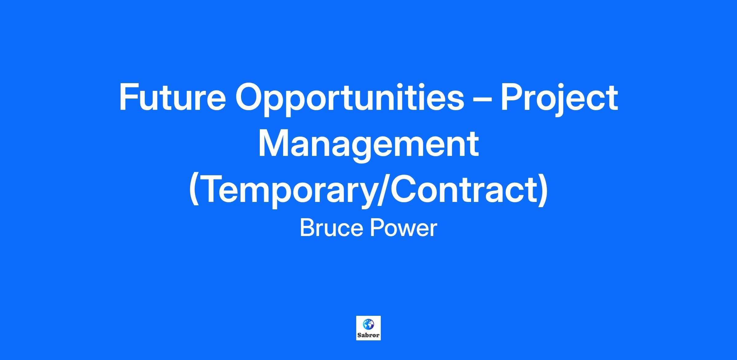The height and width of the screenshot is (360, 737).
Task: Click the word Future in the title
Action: (x=172, y=97)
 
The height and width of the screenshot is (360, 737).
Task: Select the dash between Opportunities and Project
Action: (x=482, y=100)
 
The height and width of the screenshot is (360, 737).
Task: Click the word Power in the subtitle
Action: (x=403, y=228)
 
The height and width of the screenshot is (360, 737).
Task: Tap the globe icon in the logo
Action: (x=368, y=324)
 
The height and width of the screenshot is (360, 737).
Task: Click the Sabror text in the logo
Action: (x=368, y=335)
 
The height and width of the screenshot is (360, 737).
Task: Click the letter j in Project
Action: (x=552, y=100)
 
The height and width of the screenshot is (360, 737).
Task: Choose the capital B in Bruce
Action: (x=307, y=228)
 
